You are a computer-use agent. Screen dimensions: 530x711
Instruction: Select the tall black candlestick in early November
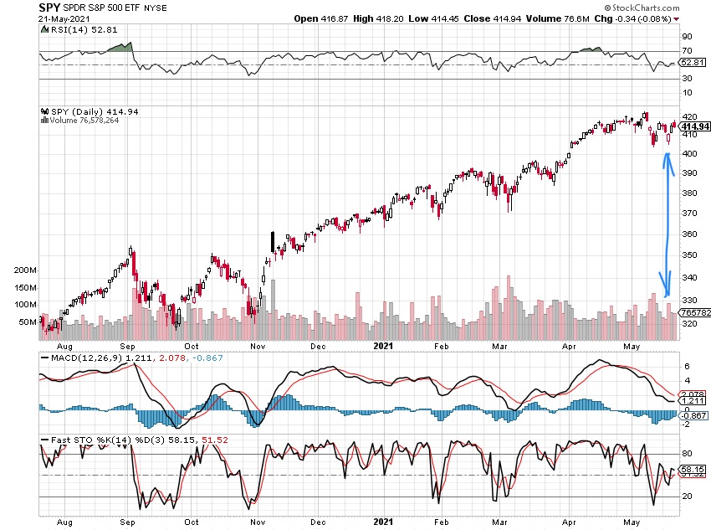[272, 242]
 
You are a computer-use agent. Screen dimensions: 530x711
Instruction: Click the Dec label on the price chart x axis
[318, 345]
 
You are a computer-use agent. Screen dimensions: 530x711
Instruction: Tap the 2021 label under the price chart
[382, 345]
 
